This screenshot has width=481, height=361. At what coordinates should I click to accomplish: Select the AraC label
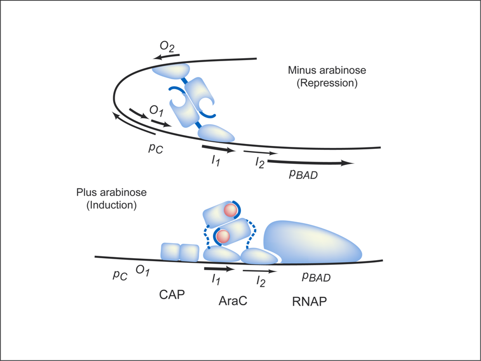point(233,301)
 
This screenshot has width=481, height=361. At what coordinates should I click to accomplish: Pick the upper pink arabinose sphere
point(230,210)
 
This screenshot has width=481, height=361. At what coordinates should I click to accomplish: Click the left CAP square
point(170,252)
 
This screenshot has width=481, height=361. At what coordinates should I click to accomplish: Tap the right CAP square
point(189,252)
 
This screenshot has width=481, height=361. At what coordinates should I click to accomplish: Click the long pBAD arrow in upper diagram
point(311,163)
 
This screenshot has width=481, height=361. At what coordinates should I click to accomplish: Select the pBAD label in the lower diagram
point(316,277)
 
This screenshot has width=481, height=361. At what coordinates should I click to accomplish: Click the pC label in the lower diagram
point(119,275)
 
